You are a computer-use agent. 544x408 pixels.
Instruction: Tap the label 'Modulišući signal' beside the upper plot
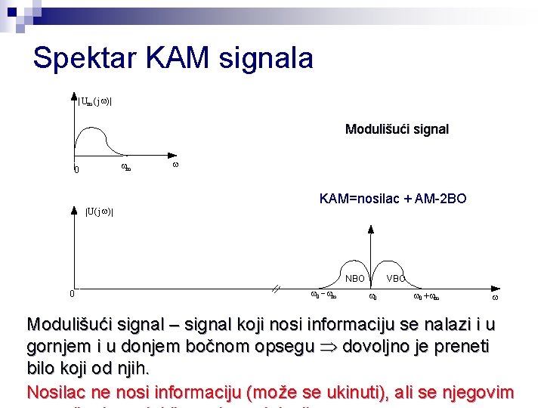coord(397,129)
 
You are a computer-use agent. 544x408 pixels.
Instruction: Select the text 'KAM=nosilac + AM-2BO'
coord(393,199)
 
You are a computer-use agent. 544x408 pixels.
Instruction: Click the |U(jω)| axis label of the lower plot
coord(99,211)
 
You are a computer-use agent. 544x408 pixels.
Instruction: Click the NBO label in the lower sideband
coord(355,278)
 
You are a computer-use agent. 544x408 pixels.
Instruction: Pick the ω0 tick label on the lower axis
coord(373,297)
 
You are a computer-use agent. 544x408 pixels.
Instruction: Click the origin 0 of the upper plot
coord(76,169)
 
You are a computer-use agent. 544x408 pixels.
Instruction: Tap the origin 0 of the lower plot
coord(72,294)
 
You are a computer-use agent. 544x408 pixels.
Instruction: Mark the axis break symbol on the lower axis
coord(277,288)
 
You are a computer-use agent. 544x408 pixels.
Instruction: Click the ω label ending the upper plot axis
coord(175,164)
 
